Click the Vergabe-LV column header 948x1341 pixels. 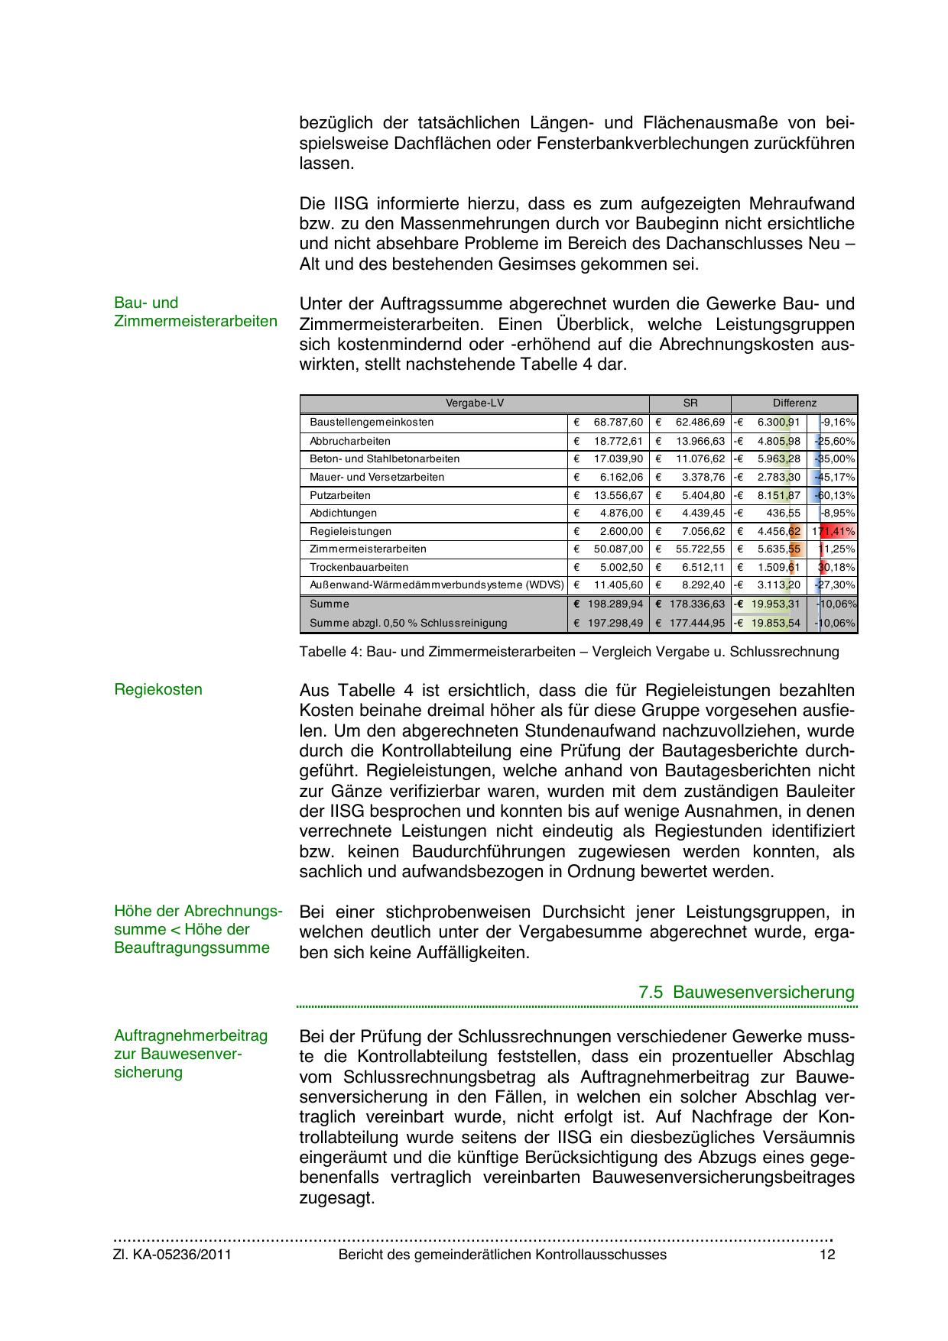click(x=475, y=403)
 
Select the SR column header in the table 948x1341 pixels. click(x=690, y=403)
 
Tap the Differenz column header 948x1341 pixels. click(x=794, y=403)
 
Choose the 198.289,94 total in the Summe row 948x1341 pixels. click(x=615, y=604)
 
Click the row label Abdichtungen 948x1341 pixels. click(x=343, y=513)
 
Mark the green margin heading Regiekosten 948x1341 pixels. click(x=158, y=690)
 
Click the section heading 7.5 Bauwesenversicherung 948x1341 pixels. click(x=746, y=993)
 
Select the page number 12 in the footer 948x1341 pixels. click(x=826, y=1255)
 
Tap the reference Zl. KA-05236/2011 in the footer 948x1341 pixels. click(x=173, y=1255)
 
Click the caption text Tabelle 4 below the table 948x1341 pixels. click(x=569, y=652)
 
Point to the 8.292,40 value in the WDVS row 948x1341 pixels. click(x=703, y=585)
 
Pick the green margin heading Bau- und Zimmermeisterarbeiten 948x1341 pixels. click(x=195, y=312)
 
